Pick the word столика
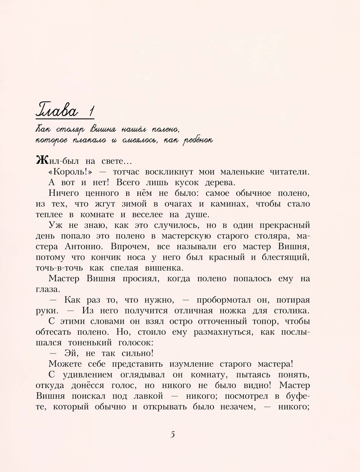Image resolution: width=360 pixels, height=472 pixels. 291,310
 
